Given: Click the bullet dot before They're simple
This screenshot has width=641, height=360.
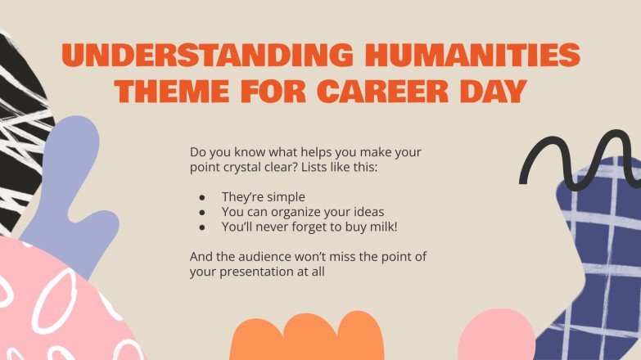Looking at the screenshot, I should (202, 197).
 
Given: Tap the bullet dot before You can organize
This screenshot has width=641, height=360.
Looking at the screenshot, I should (202, 212).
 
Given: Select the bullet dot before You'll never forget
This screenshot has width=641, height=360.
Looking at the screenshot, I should (202, 226).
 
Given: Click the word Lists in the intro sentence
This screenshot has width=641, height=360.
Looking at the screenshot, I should (331, 167).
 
